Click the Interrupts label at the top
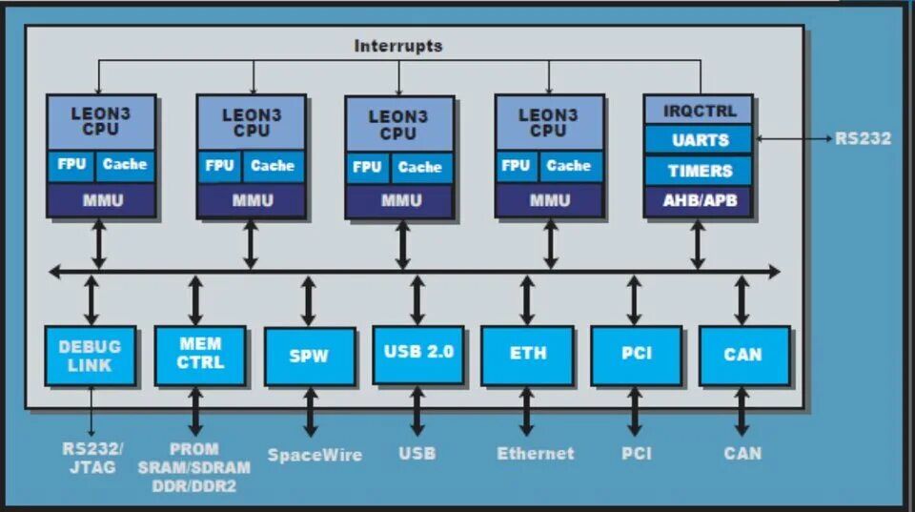point(397,46)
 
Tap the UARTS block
point(699,140)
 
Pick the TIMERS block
point(699,171)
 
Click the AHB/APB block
point(699,200)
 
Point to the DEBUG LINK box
point(91,355)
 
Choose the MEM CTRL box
point(200,354)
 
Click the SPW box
point(309,356)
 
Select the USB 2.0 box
point(418,353)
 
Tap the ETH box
point(527,354)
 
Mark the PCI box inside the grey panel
point(636,355)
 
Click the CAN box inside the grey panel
point(743,355)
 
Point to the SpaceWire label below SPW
point(315,455)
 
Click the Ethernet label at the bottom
point(536,454)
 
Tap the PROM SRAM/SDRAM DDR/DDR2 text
point(194,467)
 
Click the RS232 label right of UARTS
point(863,139)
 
